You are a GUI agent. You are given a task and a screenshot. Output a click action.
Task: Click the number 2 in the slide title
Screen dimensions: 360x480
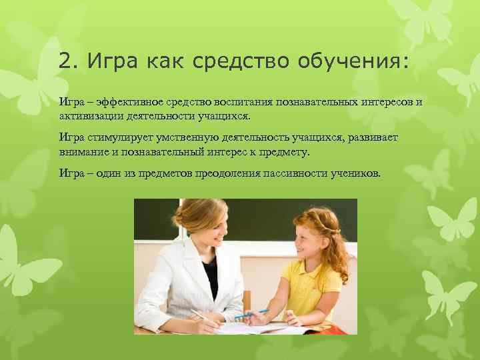(x=64, y=61)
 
